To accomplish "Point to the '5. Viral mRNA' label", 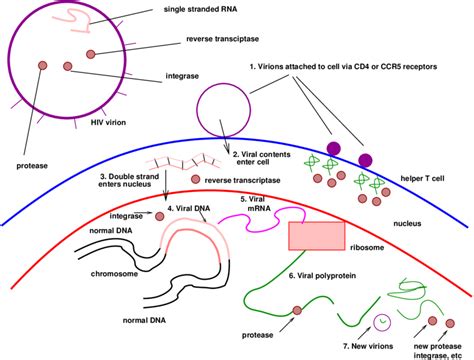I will (x=256, y=205).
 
